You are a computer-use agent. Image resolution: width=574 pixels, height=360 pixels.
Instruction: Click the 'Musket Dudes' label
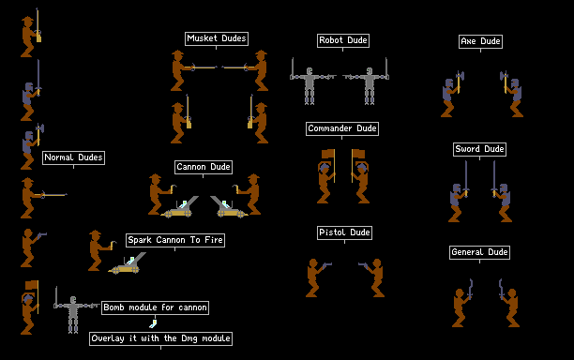point(217,38)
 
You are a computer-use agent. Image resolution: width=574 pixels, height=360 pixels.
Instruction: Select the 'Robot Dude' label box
point(343,40)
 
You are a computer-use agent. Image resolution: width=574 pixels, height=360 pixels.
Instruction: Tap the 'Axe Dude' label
point(480,41)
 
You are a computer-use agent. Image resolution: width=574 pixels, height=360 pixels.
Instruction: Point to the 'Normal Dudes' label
point(73,157)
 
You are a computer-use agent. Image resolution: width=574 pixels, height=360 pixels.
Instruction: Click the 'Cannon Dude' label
point(204,167)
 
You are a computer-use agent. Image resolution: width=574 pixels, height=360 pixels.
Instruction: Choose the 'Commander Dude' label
point(342,128)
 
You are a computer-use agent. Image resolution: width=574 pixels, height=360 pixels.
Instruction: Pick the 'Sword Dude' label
point(479,149)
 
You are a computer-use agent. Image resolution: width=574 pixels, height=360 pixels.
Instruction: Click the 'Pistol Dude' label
point(344,232)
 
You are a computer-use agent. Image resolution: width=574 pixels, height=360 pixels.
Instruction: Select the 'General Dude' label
point(479,252)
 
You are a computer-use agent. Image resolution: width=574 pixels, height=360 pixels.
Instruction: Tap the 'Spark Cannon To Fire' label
point(175,240)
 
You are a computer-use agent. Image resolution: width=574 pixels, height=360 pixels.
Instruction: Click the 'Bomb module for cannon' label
point(155,307)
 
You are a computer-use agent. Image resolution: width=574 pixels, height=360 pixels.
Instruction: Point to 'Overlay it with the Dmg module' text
point(160,338)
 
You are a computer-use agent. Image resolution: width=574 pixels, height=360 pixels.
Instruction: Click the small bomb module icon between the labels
point(153,323)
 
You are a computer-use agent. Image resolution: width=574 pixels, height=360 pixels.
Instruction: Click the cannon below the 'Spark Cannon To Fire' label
point(127,263)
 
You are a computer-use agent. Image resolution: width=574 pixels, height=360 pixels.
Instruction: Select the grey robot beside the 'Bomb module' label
point(75,309)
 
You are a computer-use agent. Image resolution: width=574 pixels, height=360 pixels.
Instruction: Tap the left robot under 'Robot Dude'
point(311,82)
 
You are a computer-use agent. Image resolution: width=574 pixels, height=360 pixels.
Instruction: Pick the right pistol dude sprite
point(372,277)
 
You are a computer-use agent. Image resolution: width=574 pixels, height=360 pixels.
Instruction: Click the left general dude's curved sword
point(470,289)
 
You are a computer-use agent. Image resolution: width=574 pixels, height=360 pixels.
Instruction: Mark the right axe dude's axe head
point(504,76)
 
